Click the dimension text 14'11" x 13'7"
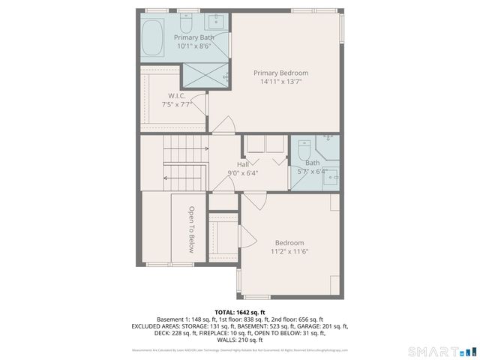click(x=280, y=82)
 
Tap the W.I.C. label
click(x=176, y=95)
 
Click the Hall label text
click(x=242, y=164)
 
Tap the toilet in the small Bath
click(x=304, y=152)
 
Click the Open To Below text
click(x=192, y=229)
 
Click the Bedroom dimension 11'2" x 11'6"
click(x=289, y=251)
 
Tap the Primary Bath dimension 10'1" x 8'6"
click(x=193, y=46)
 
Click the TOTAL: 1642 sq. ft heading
click(x=240, y=312)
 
